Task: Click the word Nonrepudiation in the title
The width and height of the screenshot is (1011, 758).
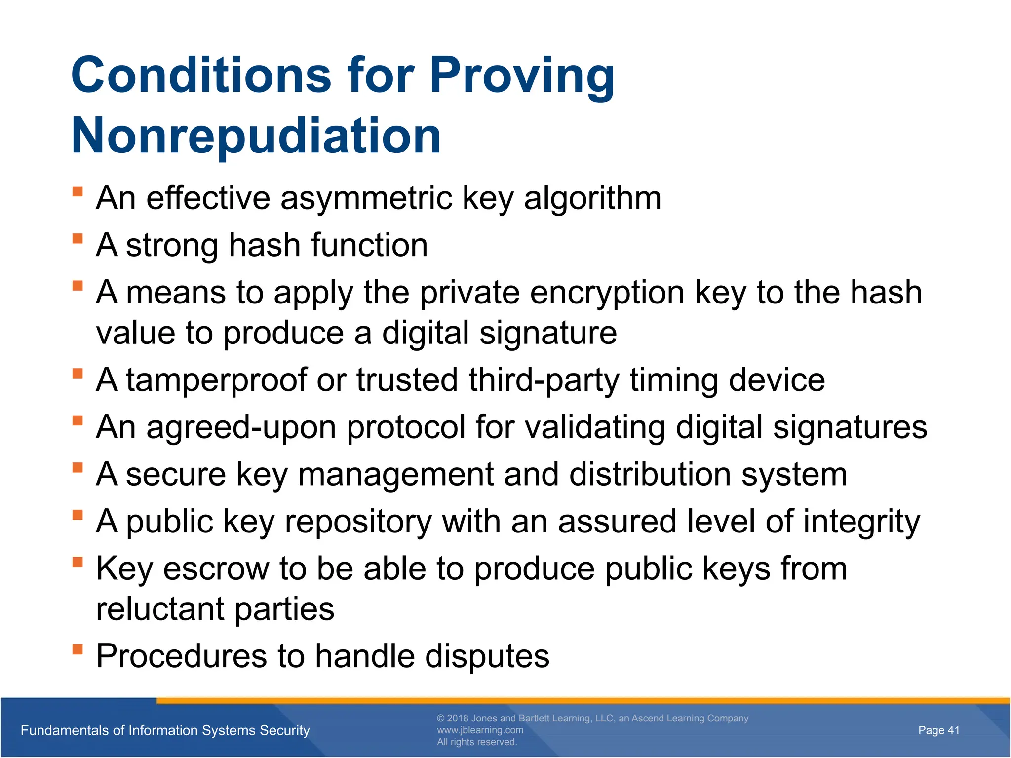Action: (256, 136)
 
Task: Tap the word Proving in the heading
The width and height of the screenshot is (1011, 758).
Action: (522, 75)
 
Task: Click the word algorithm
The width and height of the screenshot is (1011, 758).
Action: (592, 198)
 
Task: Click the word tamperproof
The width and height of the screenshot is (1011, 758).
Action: (216, 380)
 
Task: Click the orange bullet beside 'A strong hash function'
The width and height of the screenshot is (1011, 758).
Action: (78, 239)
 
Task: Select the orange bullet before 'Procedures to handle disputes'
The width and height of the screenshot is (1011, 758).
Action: (78, 649)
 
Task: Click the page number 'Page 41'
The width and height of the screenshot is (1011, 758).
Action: (938, 730)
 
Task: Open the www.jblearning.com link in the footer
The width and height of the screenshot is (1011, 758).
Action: (480, 730)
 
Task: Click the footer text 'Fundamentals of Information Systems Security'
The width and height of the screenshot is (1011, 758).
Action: (165, 730)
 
